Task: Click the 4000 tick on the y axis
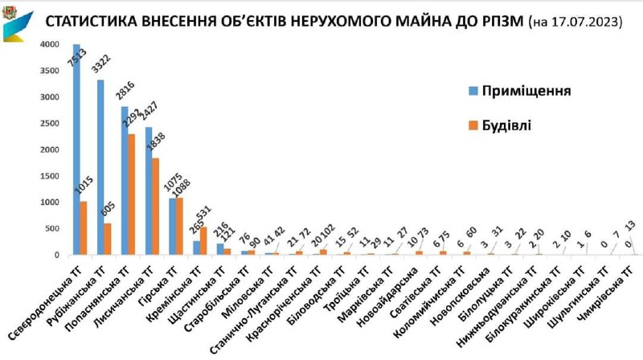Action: tap(51, 44)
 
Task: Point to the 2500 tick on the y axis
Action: tap(51, 123)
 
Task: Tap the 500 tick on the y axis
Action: tap(53, 228)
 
